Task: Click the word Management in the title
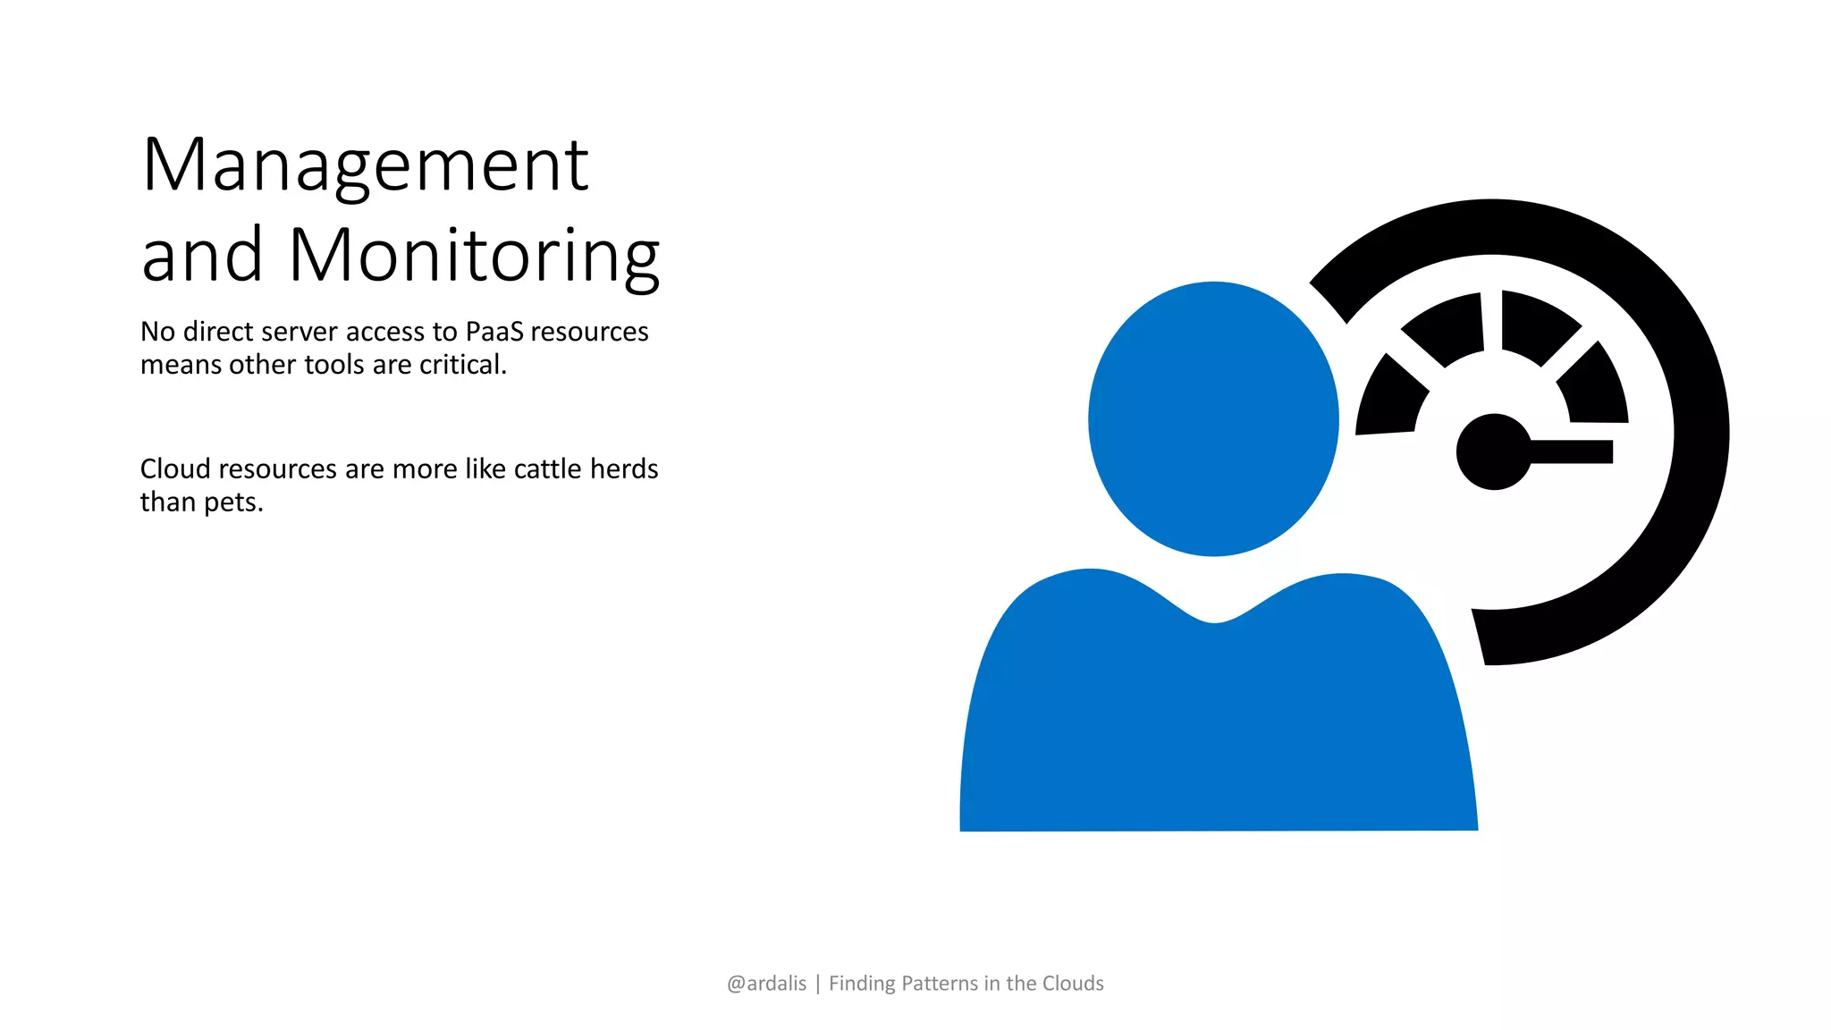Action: click(x=365, y=166)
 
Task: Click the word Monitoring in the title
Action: click(x=474, y=257)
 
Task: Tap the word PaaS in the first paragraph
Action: click(x=494, y=332)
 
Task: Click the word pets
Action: click(x=233, y=502)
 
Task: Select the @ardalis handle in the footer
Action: click(x=766, y=984)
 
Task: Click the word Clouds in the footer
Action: click(x=1073, y=984)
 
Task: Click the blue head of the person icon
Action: click(x=1213, y=418)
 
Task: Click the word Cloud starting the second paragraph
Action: click(x=174, y=469)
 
